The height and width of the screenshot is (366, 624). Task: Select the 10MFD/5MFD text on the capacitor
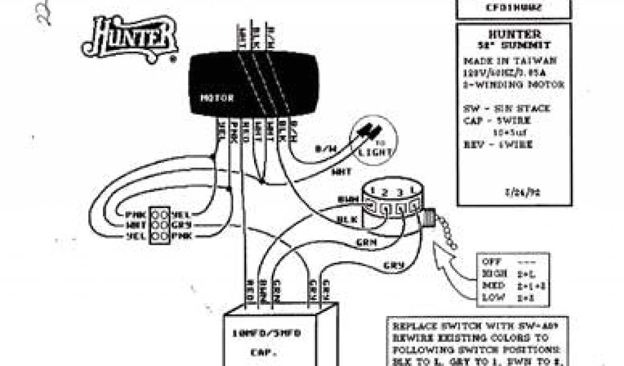(x=270, y=333)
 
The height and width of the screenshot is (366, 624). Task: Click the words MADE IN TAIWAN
(x=509, y=61)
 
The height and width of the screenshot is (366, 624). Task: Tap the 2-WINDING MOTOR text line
(x=513, y=84)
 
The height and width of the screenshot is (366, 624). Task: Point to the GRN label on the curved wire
(x=366, y=242)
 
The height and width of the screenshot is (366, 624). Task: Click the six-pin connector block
(x=159, y=224)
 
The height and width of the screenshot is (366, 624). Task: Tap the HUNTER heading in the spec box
(x=512, y=34)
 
